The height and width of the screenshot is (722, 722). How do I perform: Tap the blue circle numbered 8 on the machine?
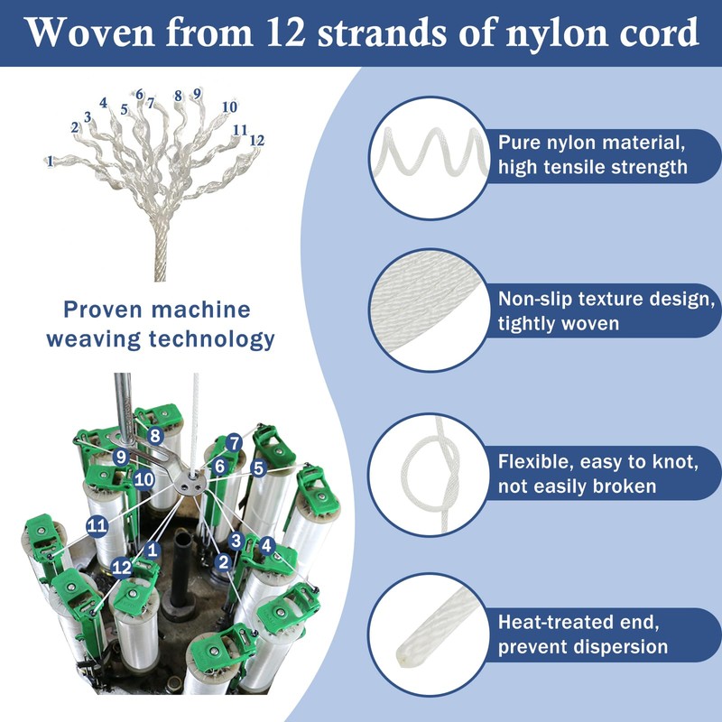pos(154,436)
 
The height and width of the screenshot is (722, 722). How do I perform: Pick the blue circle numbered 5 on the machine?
pos(258,468)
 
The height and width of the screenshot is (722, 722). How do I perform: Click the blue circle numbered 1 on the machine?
pos(153,548)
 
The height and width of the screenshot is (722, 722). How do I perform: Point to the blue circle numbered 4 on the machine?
pos(266,545)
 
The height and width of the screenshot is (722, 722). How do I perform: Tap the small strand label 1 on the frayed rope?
pos(51,161)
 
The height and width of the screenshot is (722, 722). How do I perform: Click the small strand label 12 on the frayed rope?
pos(256,141)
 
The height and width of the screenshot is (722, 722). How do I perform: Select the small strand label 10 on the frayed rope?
pos(229,107)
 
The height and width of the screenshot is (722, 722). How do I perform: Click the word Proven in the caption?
pos(106,310)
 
